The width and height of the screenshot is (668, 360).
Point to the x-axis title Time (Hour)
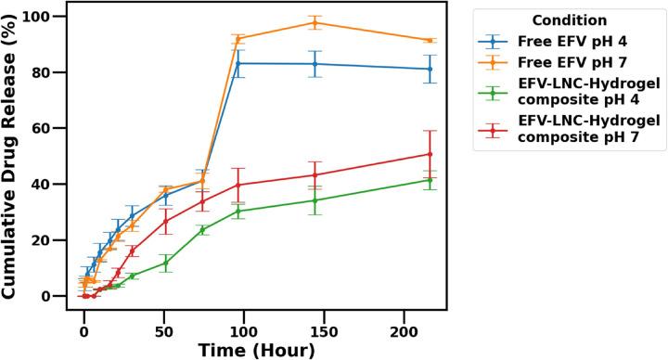click(255, 349)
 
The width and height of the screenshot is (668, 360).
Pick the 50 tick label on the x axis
click(164, 328)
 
